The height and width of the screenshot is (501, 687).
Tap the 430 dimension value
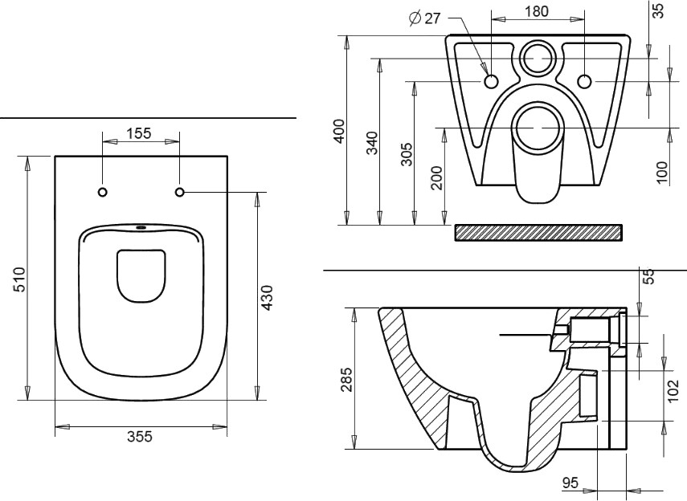pyautogui.click(x=268, y=297)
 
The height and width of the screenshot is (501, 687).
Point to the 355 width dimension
pyautogui.click(x=141, y=436)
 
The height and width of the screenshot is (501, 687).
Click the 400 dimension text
pyautogui.click(x=339, y=131)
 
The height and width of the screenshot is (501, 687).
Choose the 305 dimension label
pyautogui.click(x=407, y=153)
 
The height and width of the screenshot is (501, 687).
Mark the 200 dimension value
pyautogui.click(x=436, y=177)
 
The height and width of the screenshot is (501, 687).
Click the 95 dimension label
pyautogui.click(x=570, y=483)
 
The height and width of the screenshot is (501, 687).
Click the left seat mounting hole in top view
pyautogui.click(x=102, y=192)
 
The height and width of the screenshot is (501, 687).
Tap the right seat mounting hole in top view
pyautogui.click(x=179, y=192)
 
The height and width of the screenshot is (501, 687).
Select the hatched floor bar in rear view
pyautogui.click(x=538, y=232)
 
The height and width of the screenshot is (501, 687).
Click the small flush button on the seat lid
pyautogui.click(x=142, y=227)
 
